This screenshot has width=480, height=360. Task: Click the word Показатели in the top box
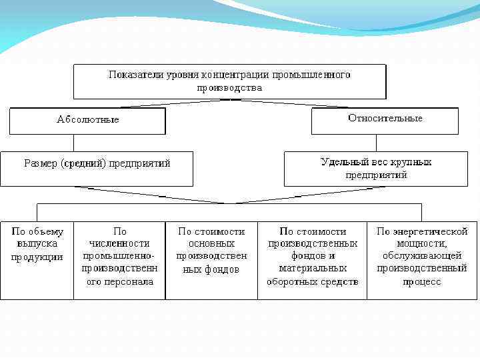click(x=131, y=75)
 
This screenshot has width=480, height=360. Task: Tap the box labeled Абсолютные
click(x=87, y=120)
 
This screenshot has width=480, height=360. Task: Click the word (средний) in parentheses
click(x=88, y=163)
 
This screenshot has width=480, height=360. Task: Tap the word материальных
click(x=312, y=269)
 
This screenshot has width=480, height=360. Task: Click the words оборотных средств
click(x=312, y=281)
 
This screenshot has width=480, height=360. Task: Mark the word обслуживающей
click(x=421, y=257)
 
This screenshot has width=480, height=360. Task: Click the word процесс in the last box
click(x=421, y=281)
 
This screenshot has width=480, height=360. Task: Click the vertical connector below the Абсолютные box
click(x=73, y=143)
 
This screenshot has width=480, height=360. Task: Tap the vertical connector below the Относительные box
click(x=375, y=143)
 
